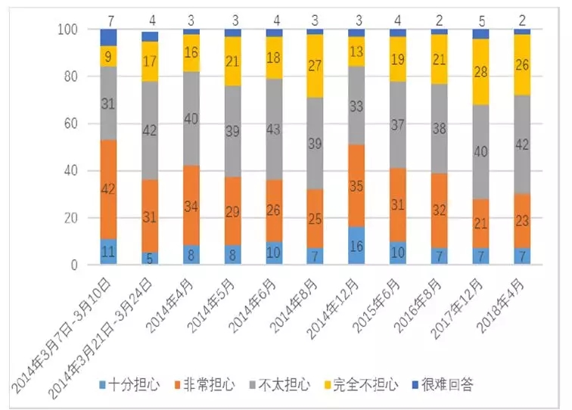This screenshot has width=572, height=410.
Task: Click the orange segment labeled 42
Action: [x=109, y=189]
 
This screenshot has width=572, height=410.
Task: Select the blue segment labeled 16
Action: [x=356, y=245]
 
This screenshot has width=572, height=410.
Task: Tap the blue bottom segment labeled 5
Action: [x=150, y=259]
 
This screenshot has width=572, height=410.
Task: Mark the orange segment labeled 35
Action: [x=356, y=184]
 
